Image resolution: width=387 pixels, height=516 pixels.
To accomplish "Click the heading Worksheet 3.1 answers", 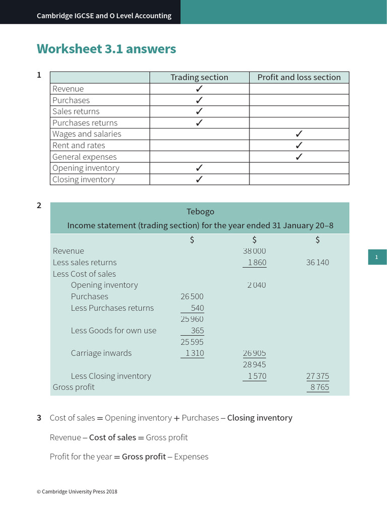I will click(106, 49).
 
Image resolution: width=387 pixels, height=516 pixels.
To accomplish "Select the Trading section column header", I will click(199, 77).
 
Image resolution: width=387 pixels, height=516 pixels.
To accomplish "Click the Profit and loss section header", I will click(299, 77).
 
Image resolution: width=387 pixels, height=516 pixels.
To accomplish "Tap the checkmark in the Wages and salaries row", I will click(299, 134).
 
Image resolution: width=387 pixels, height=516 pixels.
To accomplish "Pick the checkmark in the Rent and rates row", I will click(299, 146).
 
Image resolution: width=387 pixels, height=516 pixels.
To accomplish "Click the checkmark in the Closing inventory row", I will click(199, 179).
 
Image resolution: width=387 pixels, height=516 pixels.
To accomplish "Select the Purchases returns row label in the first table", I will click(85, 123).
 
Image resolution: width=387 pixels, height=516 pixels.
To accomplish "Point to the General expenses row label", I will click(84, 157).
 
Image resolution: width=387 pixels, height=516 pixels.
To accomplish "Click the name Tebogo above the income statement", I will click(200, 212).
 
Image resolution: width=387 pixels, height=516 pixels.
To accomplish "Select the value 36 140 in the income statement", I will click(317, 263).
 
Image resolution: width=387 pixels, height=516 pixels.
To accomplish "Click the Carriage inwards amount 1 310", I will click(194, 353).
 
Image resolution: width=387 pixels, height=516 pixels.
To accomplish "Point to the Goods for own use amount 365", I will click(197, 331).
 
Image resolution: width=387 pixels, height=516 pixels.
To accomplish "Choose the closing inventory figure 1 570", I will click(256, 376).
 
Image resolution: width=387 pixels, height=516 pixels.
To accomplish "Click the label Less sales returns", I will click(85, 263).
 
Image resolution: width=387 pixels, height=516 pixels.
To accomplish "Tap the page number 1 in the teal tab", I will click(376, 257).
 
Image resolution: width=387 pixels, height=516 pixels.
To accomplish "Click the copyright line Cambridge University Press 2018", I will click(77, 491).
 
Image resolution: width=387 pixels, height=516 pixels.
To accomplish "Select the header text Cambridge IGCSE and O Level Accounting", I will click(104, 16).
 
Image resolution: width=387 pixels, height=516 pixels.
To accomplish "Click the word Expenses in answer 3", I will click(191, 457).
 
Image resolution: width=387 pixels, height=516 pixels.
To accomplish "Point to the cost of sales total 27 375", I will click(317, 376).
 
